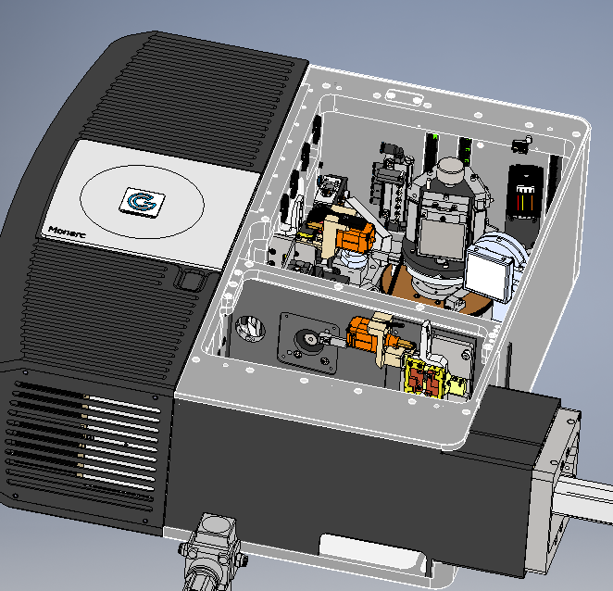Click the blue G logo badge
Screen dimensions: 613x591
pyautogui.click(x=142, y=202)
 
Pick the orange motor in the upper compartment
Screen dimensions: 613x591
pyautogui.click(x=355, y=236)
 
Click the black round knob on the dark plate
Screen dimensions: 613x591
pyautogui.click(x=307, y=339)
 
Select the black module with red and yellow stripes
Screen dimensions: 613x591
pyautogui.click(x=525, y=195)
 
